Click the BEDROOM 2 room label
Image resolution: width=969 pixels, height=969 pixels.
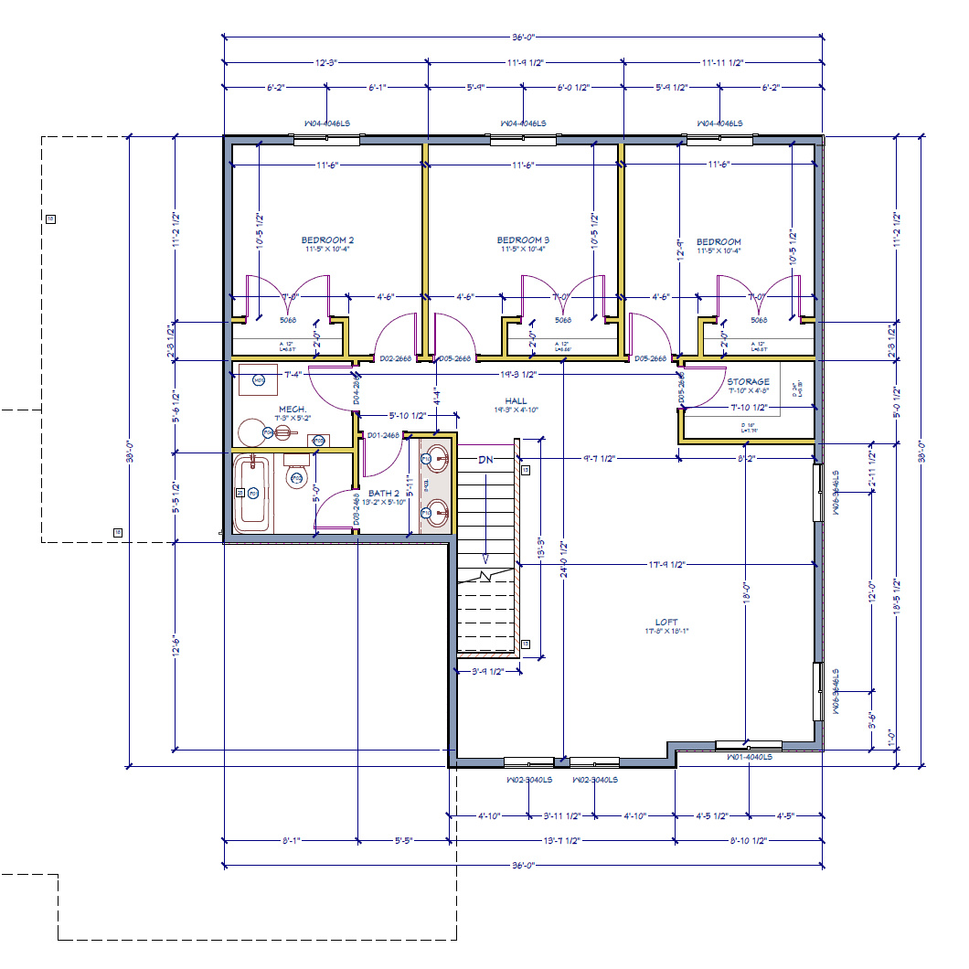point(327,241)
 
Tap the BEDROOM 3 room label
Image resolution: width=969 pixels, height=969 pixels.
point(524,241)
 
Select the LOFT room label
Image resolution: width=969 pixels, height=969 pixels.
point(666,623)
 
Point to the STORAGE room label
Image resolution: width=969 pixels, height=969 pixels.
point(748,381)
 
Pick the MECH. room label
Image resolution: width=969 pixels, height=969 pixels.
point(292,409)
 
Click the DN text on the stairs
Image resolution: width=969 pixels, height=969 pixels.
point(485,460)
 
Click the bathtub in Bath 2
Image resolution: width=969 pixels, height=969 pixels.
point(253,495)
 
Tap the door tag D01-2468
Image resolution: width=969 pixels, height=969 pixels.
point(384,435)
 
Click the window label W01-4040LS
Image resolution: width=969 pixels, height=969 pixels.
point(750,757)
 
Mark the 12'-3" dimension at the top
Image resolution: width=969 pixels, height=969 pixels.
point(326,63)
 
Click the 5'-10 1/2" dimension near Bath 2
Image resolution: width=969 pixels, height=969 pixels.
point(408,415)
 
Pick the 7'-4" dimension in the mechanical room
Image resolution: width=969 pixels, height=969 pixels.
point(293,375)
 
